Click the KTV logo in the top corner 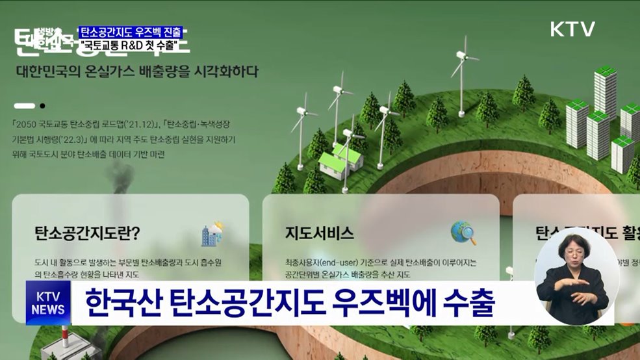pyautogui.click(x=572, y=29)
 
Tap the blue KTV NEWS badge pyautogui.click(x=49, y=303)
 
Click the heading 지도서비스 pyautogui.click(x=319, y=232)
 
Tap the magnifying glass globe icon pyautogui.click(x=463, y=233)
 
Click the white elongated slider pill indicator pyautogui.click(x=24, y=105)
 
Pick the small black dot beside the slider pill pyautogui.click(x=42, y=105)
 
